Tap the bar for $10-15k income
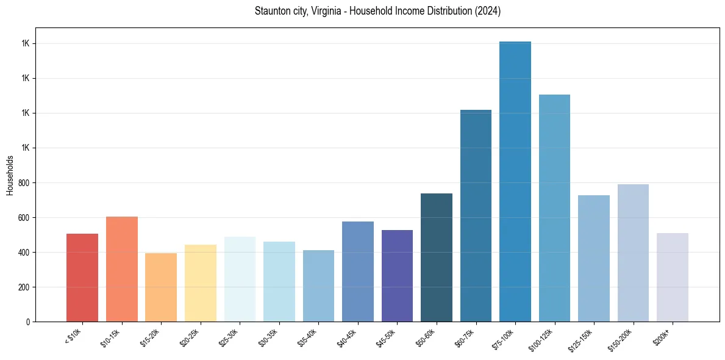(x=122, y=269)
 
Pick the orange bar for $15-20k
(x=161, y=287)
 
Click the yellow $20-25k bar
(x=201, y=283)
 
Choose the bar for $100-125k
(x=554, y=208)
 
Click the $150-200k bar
(x=633, y=253)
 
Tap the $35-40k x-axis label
(x=309, y=337)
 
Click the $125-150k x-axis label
(x=584, y=339)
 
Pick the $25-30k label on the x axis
(x=230, y=337)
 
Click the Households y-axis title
(x=10, y=175)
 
